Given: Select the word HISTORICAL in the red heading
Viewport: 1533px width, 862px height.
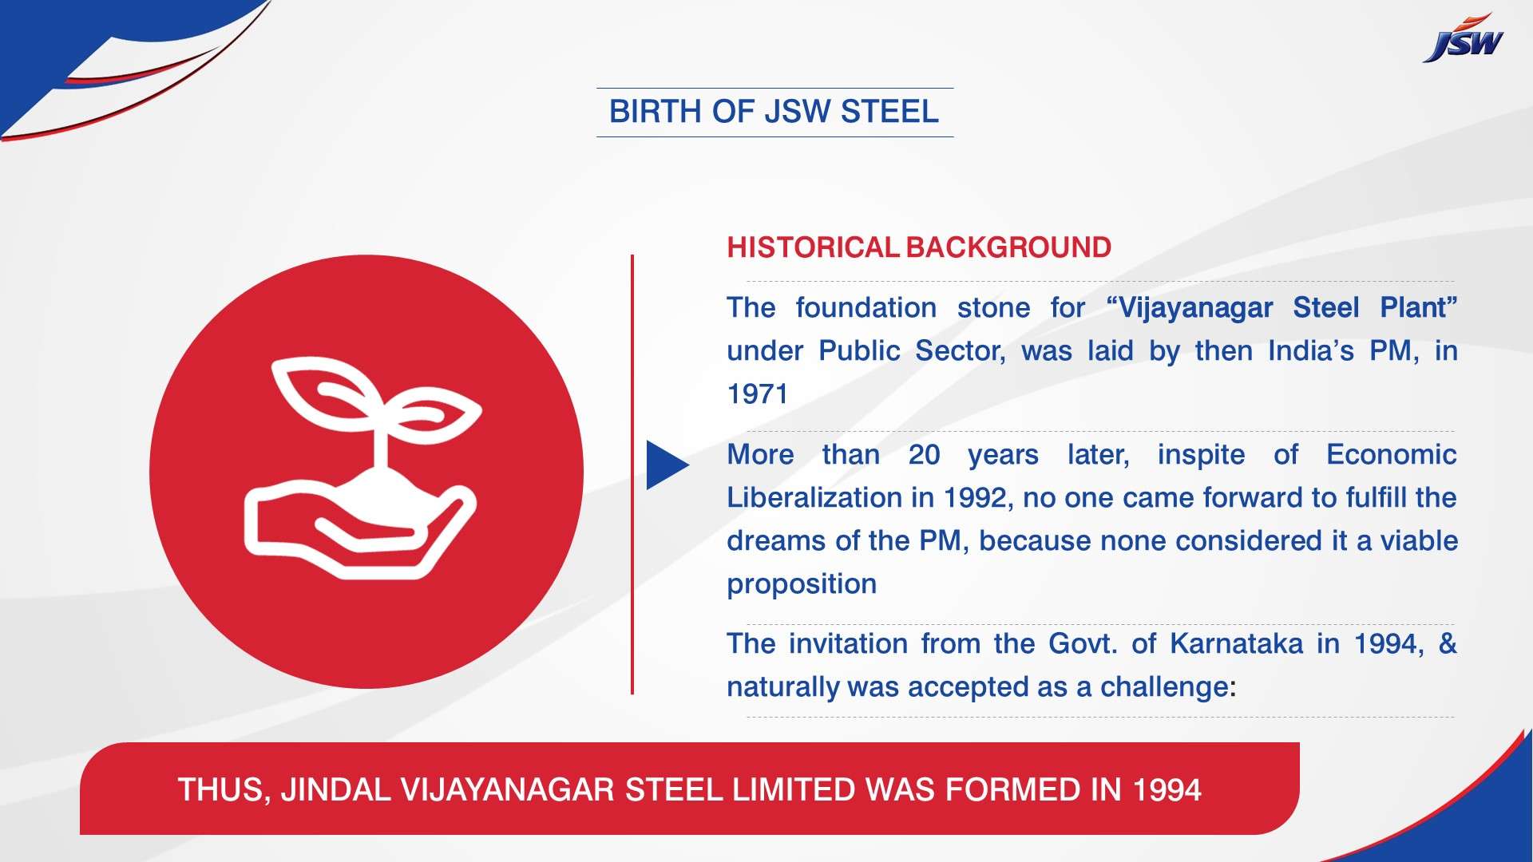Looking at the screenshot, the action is pyautogui.click(x=813, y=247).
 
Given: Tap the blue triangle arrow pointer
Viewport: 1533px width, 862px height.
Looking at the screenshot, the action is pyautogui.click(x=667, y=465).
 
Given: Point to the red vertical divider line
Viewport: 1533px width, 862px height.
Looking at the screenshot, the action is pyautogui.click(x=632, y=474).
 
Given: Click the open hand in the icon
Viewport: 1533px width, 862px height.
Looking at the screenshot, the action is pyautogui.click(x=359, y=527).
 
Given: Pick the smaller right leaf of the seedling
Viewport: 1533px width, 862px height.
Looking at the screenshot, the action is pyautogui.click(x=436, y=413).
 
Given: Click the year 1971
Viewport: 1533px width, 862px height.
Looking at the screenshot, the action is pyautogui.click(x=757, y=394).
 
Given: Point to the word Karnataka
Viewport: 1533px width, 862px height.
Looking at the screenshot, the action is pyautogui.click(x=1236, y=644).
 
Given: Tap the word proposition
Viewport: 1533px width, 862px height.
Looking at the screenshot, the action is pyautogui.click(x=802, y=585).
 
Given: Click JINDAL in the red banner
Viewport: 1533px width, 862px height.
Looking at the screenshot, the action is pyautogui.click(x=336, y=790).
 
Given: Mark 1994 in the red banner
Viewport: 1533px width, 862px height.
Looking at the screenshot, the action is pyautogui.click(x=1167, y=790).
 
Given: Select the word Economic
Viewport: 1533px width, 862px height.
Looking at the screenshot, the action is pyautogui.click(x=1392, y=455).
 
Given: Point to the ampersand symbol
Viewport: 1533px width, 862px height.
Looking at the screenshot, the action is pyautogui.click(x=1448, y=644).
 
